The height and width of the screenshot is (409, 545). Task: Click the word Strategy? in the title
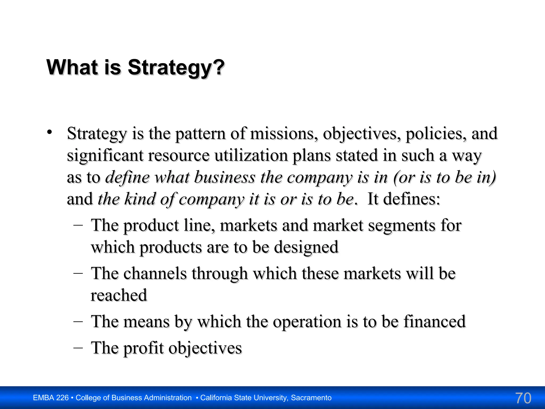[176, 68]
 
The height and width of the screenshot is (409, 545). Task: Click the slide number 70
[523, 398]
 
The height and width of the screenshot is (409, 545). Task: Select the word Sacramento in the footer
[311, 398]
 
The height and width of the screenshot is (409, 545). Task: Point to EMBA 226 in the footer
[51, 398]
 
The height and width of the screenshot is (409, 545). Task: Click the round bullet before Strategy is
[49, 132]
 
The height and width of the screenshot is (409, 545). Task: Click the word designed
[306, 247]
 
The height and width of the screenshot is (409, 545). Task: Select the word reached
[119, 295]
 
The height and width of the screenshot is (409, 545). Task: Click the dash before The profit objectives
[78, 347]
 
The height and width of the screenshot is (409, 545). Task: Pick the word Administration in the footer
[165, 398]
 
